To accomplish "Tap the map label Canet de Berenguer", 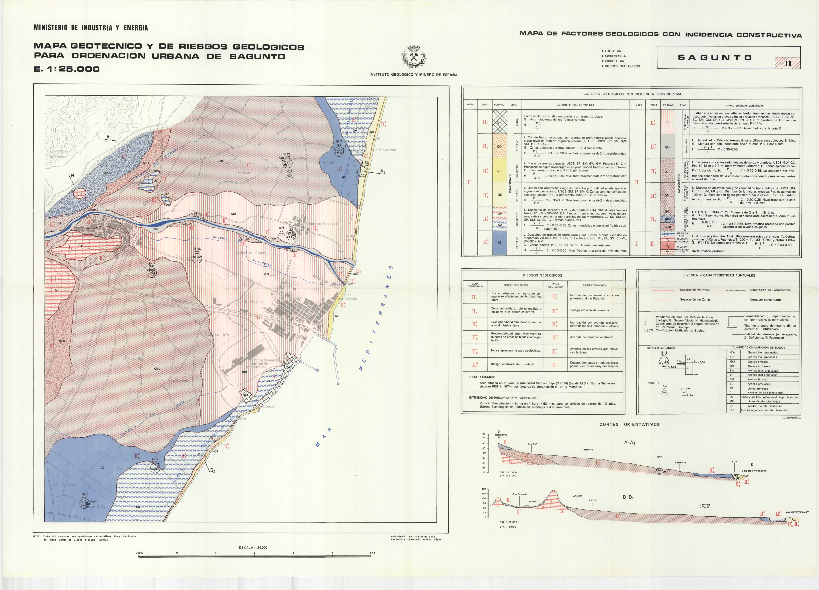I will tap(322, 224).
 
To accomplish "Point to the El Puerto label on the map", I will tap(254, 301).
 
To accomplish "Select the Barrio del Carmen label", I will tap(347, 297).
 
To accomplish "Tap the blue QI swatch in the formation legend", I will tap(499, 243).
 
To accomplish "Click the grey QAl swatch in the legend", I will tap(667, 147).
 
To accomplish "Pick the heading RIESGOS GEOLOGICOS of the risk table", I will tap(542, 275).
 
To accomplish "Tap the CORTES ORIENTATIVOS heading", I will tap(629, 425).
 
